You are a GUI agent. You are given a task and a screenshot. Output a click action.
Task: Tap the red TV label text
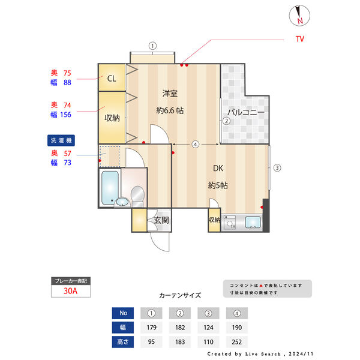299,39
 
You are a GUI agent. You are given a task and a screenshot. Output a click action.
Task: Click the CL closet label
112,78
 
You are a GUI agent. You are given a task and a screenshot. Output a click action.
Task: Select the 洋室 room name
170,94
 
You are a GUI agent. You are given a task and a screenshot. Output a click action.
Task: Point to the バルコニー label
245,112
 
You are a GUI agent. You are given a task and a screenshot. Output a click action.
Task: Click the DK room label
217,169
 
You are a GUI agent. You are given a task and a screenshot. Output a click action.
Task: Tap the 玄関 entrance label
161,220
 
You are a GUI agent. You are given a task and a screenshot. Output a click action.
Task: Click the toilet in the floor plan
137,195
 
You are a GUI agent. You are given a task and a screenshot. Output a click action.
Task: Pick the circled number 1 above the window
152,45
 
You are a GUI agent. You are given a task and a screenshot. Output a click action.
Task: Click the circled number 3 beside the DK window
277,168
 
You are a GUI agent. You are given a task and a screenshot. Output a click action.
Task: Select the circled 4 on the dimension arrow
196,145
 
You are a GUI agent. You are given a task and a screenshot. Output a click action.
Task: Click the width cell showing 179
152,328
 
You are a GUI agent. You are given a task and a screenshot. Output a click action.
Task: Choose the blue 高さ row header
123,342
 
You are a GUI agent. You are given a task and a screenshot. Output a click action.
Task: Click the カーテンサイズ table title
180,295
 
